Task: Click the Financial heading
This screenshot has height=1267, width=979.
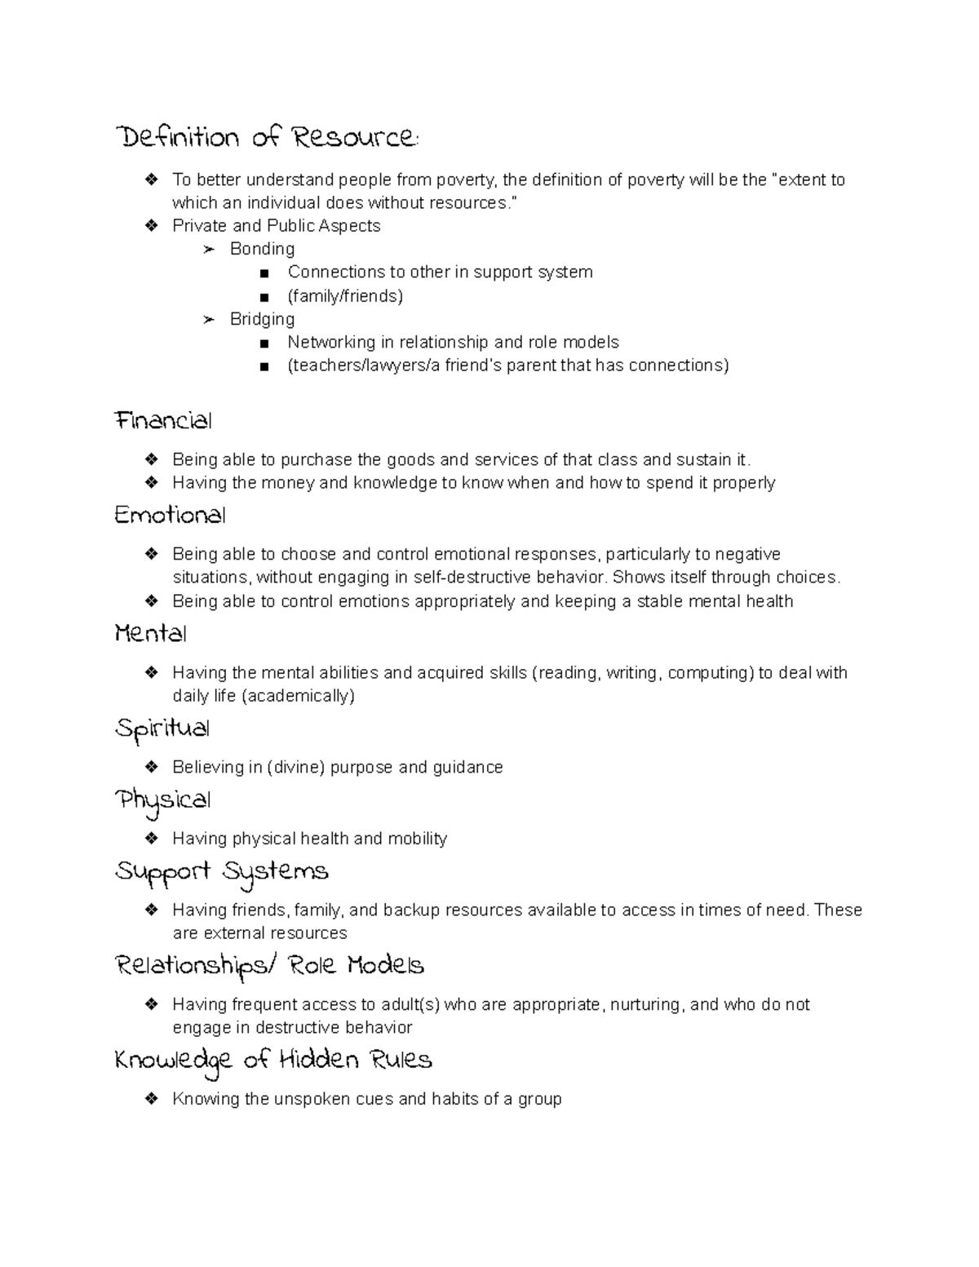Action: coord(163,422)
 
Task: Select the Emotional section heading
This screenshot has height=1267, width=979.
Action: coord(170,516)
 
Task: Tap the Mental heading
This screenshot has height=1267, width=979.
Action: coord(151,635)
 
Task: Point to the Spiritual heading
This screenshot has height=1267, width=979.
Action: coord(162,729)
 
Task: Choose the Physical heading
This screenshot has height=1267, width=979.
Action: coord(162,800)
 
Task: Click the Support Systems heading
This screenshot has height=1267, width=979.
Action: coord(221,872)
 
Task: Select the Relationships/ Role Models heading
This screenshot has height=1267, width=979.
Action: coord(269,967)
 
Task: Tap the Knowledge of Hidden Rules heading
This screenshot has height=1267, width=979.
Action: coord(272,1061)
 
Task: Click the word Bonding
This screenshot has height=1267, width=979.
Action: coord(262,249)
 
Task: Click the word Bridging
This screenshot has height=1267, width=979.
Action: coord(262,319)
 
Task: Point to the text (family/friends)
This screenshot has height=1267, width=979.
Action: coord(345,296)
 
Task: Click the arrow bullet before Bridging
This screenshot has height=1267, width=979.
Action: coord(209,320)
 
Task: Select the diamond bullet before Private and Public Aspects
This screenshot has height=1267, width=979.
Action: coord(151,226)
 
